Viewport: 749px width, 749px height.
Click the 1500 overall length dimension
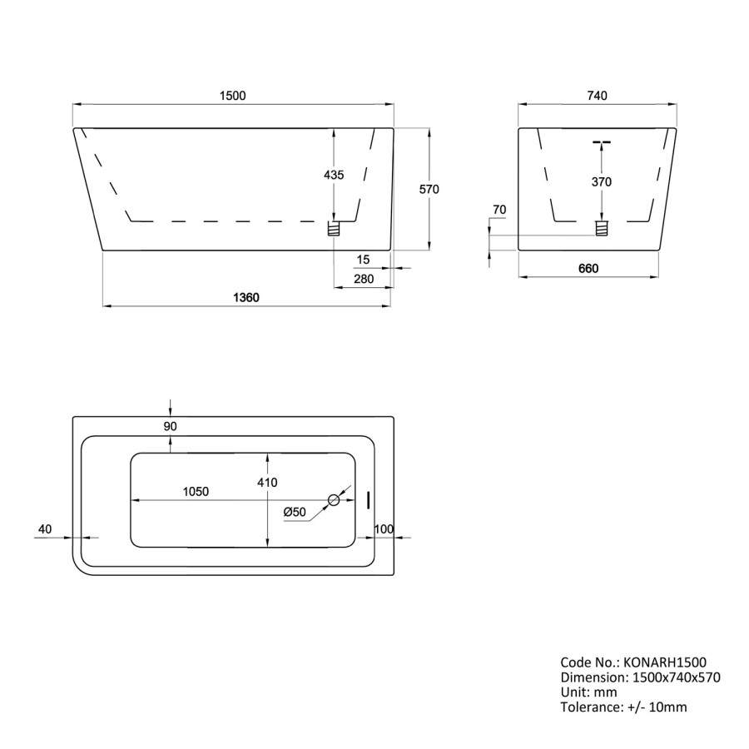tap(233, 96)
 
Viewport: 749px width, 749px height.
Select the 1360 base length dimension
tap(246, 298)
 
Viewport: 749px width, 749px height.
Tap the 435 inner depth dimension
tap(333, 175)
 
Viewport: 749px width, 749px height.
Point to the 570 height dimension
tap(429, 189)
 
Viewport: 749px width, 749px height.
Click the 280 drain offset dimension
tap(364, 279)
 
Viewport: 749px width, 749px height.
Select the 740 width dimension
tap(597, 96)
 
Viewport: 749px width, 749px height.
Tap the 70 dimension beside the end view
tap(499, 209)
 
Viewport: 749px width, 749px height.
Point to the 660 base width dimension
tap(588, 268)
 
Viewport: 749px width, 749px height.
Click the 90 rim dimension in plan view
tap(171, 426)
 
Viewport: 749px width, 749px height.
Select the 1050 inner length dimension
tap(196, 491)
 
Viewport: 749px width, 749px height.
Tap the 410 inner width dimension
tap(267, 482)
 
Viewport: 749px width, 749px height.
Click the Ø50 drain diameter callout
tap(295, 512)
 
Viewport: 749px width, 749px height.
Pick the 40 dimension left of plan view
tap(45, 528)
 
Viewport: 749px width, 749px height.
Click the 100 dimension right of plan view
tap(384, 529)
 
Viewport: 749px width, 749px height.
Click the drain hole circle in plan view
tap(335, 500)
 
